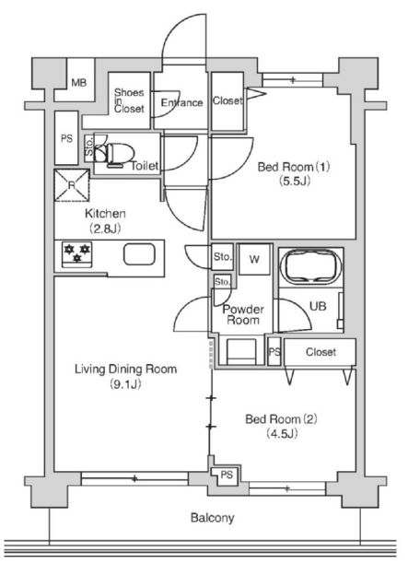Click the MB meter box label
pos(79,83)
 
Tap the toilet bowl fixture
pos(116,154)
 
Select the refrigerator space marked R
pos(72,185)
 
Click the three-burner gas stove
pos(77,254)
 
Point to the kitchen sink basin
pos(139,254)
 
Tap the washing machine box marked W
pos(254,259)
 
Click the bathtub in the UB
pos(310,266)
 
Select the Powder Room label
pos(243,314)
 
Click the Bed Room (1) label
pos(294,167)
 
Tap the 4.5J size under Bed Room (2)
pos(282,434)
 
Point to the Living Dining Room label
pos(125,370)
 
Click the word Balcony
pos(212,518)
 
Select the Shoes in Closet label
pos(129,100)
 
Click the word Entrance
pos(181,103)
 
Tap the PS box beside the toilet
pos(66,138)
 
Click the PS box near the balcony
pos(227,476)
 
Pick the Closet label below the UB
pos(321,352)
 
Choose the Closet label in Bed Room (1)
pos(227,100)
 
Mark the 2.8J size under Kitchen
pos(105,229)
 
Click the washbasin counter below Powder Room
pos(241,352)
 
